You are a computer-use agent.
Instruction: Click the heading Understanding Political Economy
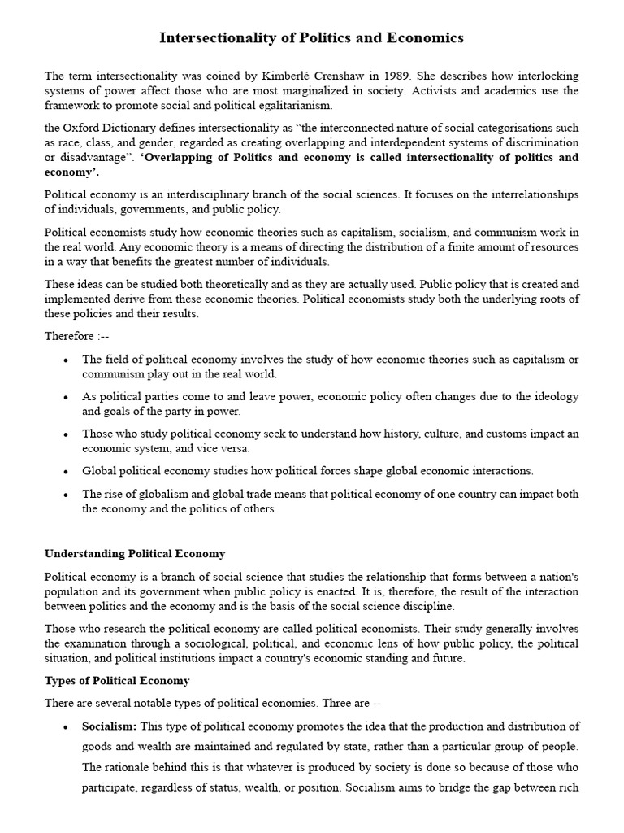(135, 554)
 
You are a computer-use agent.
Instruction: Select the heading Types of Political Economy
(117, 680)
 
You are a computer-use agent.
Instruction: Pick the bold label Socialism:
(110, 726)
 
